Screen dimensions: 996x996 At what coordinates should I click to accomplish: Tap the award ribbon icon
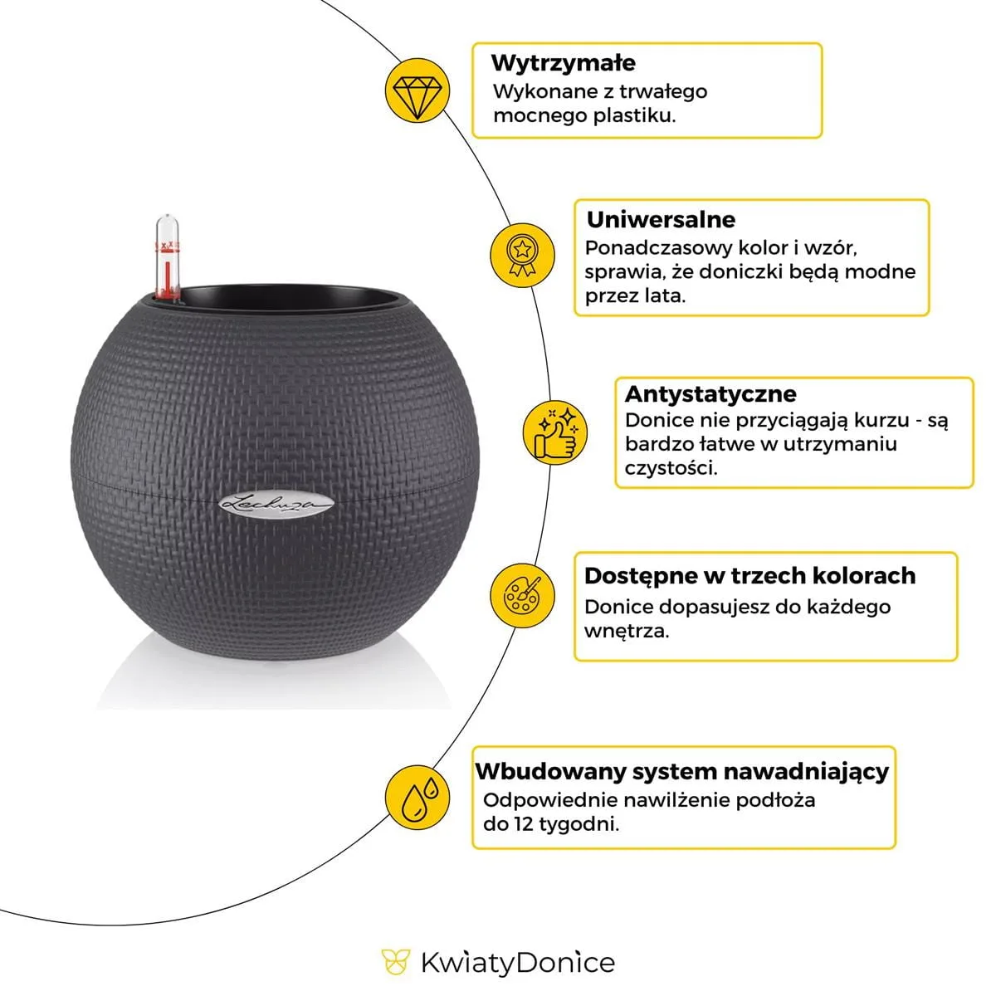(521, 254)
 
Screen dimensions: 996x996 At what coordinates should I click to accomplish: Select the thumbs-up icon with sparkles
(555, 432)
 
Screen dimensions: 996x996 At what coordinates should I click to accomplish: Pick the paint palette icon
(521, 594)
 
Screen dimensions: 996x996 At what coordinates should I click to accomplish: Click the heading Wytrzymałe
(563, 63)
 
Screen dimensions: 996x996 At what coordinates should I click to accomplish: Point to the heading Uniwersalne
(661, 220)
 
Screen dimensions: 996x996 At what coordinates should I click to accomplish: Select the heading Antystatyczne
(710, 393)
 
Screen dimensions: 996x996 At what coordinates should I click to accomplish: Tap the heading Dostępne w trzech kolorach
(749, 576)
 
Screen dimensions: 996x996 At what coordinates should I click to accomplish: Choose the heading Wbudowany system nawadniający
(681, 771)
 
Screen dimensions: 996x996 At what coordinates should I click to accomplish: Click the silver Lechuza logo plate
(277, 502)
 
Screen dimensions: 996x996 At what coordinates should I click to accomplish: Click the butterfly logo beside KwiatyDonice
(396, 963)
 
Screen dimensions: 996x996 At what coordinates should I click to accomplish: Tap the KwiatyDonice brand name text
(518, 963)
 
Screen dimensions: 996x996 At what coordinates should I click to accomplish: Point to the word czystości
(671, 467)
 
